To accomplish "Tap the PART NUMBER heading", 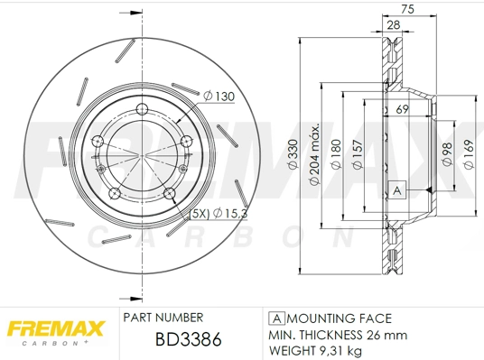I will point(162,318).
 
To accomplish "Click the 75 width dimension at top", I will point(407,10).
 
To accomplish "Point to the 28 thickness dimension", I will point(394,25).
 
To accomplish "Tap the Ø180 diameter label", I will point(336,153).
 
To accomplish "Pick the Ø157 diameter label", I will point(358,153).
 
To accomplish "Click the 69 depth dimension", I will point(403,109).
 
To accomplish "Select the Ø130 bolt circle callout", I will point(219,95).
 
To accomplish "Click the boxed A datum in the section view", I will point(395,190).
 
